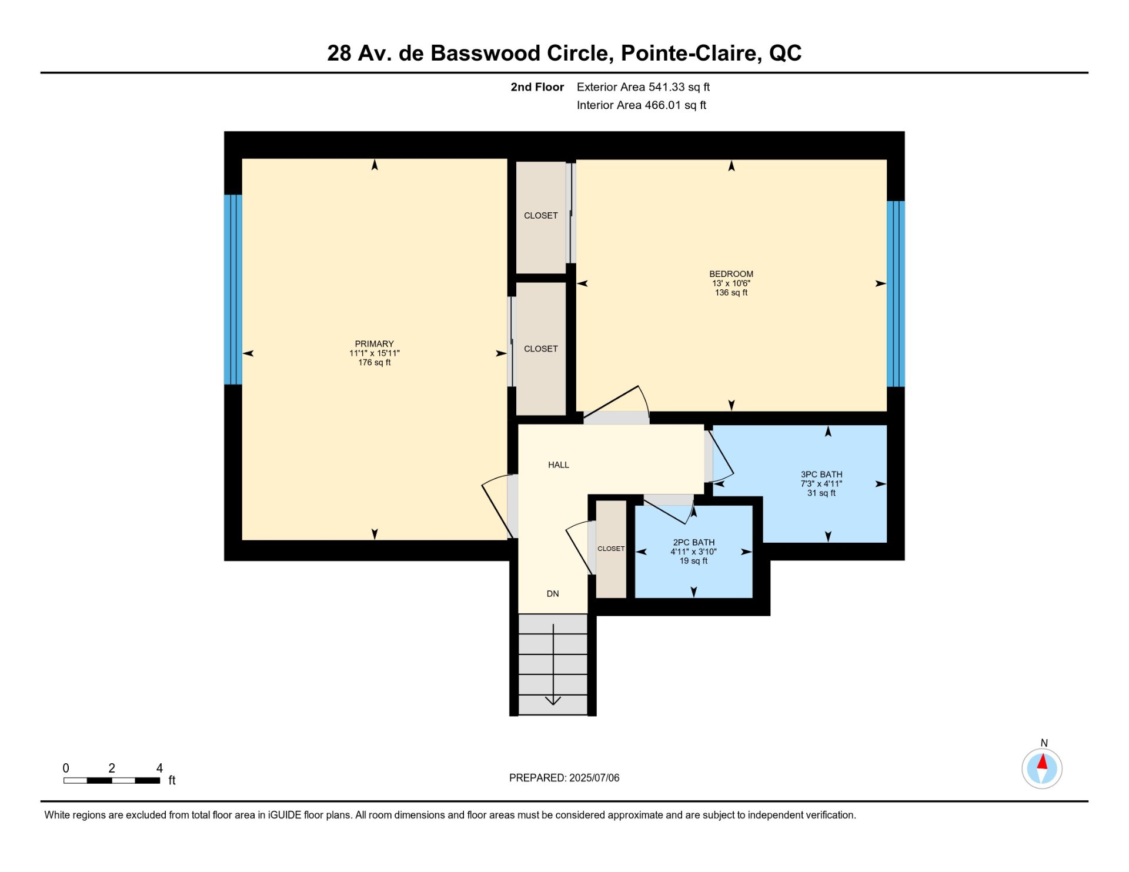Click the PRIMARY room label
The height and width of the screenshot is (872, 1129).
374,344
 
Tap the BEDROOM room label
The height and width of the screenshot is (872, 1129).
731,274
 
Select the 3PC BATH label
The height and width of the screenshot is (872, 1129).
821,475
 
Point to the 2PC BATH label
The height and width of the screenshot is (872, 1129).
694,543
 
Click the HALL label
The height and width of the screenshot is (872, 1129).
559,465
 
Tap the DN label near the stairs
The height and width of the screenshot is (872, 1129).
553,594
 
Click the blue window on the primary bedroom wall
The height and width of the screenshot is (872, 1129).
233,289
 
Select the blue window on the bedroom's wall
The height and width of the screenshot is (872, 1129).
896,294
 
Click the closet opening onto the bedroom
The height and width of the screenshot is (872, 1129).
541,216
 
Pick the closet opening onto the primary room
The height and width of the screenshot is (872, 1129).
541,349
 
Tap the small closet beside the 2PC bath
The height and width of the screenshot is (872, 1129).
611,549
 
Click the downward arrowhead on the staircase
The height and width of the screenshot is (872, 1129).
553,700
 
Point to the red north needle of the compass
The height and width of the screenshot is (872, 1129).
1043,762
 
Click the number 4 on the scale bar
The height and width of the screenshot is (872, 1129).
159,768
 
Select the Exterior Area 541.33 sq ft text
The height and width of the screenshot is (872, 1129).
643,87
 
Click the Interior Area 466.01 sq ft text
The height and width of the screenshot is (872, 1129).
642,105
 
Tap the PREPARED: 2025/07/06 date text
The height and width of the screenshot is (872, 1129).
564,778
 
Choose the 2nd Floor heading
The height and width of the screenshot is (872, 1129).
537,87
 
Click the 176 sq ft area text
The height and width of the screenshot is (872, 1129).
375,363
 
